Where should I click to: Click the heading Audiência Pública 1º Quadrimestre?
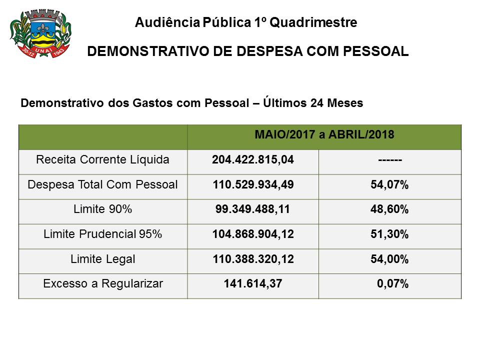(x=246, y=22)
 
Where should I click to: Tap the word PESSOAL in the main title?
(x=372, y=51)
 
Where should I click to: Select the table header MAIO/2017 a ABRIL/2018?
(x=324, y=134)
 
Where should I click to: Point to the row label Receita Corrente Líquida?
(x=102, y=160)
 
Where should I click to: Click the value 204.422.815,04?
(x=252, y=160)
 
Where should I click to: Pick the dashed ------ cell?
(x=390, y=160)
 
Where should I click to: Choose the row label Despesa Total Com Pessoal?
(x=102, y=184)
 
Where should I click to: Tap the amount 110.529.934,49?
(x=252, y=185)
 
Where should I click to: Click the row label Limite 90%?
(x=102, y=209)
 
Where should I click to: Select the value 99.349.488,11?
(x=252, y=210)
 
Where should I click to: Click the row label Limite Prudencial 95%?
(x=102, y=234)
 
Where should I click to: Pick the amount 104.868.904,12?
(x=252, y=235)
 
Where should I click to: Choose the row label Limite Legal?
(x=102, y=259)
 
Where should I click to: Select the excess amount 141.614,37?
(x=252, y=284)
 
